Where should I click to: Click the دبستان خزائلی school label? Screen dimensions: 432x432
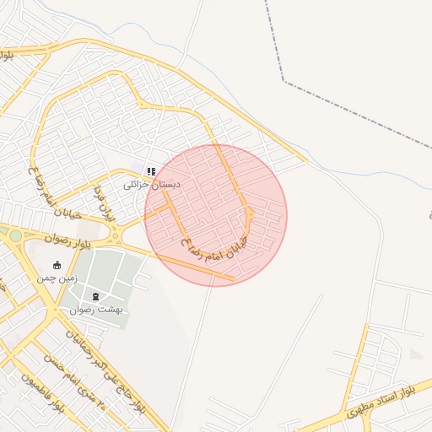tap(152, 184)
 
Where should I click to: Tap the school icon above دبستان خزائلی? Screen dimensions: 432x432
tap(151, 171)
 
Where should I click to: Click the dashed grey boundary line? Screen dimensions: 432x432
tap(354, 110)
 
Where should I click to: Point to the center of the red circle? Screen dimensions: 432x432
tap(216, 215)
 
